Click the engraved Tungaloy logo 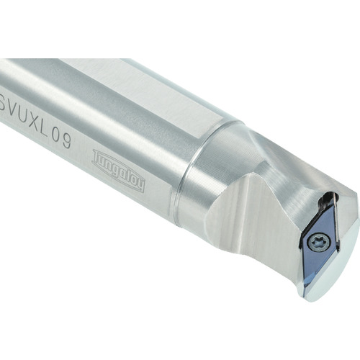[119, 170]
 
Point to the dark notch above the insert [333, 196]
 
